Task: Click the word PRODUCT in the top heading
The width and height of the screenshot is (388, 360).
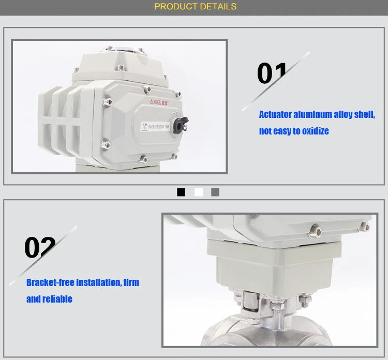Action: coord(176,7)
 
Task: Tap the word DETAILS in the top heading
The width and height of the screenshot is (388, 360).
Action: coord(217,7)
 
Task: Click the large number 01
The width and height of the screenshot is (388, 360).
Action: coord(272,74)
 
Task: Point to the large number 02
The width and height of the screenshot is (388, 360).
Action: coord(40,248)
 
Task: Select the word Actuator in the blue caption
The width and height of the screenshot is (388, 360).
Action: coord(275,115)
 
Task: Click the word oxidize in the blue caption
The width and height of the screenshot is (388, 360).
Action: coord(313,131)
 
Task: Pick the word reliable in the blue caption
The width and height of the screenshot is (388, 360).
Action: coord(57,299)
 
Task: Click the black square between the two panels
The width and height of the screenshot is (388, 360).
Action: coord(181,192)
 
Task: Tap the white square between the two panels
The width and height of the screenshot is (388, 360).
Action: coord(198,192)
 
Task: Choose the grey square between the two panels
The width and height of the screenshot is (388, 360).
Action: coord(215,192)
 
